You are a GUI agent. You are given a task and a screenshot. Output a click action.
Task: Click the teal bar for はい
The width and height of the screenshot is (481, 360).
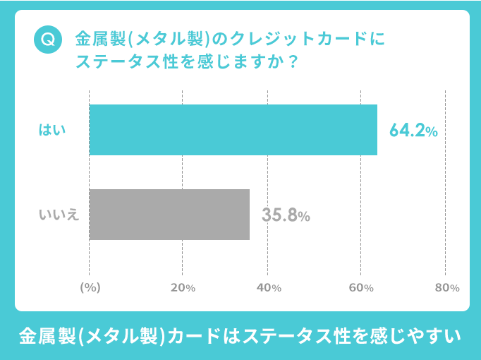(233, 130)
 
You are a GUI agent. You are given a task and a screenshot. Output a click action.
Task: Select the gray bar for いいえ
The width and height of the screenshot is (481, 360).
(169, 215)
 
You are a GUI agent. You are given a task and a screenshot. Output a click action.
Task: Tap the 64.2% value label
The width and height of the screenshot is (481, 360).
(413, 131)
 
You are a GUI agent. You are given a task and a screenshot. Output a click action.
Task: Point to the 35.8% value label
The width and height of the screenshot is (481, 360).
(286, 215)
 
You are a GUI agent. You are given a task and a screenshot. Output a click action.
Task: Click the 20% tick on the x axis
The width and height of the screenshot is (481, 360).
(183, 288)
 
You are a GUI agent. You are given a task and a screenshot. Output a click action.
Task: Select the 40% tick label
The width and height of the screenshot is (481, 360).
(269, 288)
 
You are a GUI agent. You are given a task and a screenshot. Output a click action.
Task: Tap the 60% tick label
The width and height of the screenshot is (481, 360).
(361, 288)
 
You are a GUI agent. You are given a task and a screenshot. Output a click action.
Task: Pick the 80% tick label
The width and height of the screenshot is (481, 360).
(447, 288)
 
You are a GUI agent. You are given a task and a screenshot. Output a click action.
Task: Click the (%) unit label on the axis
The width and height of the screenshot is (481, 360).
(90, 288)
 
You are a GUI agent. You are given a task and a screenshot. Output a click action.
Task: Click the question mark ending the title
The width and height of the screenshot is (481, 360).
(291, 61)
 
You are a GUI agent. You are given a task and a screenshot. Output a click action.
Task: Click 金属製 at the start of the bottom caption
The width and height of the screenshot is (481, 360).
(44, 335)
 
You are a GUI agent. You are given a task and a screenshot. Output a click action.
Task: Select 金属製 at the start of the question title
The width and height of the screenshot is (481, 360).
(96, 38)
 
